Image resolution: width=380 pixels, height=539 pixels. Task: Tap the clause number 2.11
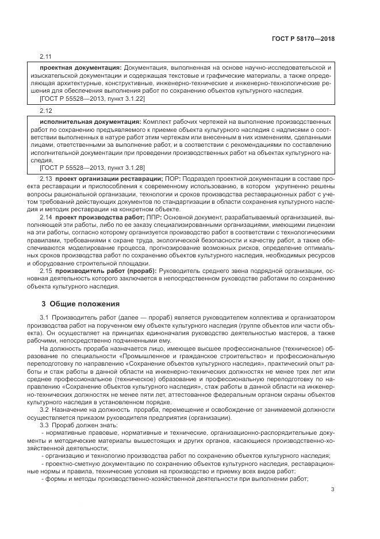pos(45,56)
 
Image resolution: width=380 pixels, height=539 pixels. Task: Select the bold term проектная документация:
pos(80,68)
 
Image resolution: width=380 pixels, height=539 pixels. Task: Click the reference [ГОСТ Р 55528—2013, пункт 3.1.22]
pos(92,98)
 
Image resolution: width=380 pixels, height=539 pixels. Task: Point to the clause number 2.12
pos(45,110)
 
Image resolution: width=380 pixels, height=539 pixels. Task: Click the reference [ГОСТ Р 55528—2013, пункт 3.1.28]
pos(92,168)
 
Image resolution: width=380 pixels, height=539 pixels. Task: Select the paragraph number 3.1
pos(43,318)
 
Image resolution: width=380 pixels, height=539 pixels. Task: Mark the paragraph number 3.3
pos(43,425)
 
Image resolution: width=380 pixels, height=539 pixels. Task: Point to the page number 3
pos(332,490)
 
